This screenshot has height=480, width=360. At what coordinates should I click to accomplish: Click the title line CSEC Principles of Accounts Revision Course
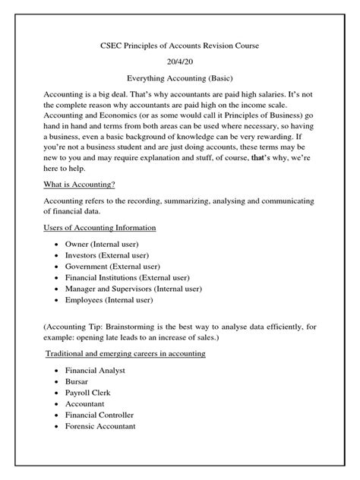point(179,46)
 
